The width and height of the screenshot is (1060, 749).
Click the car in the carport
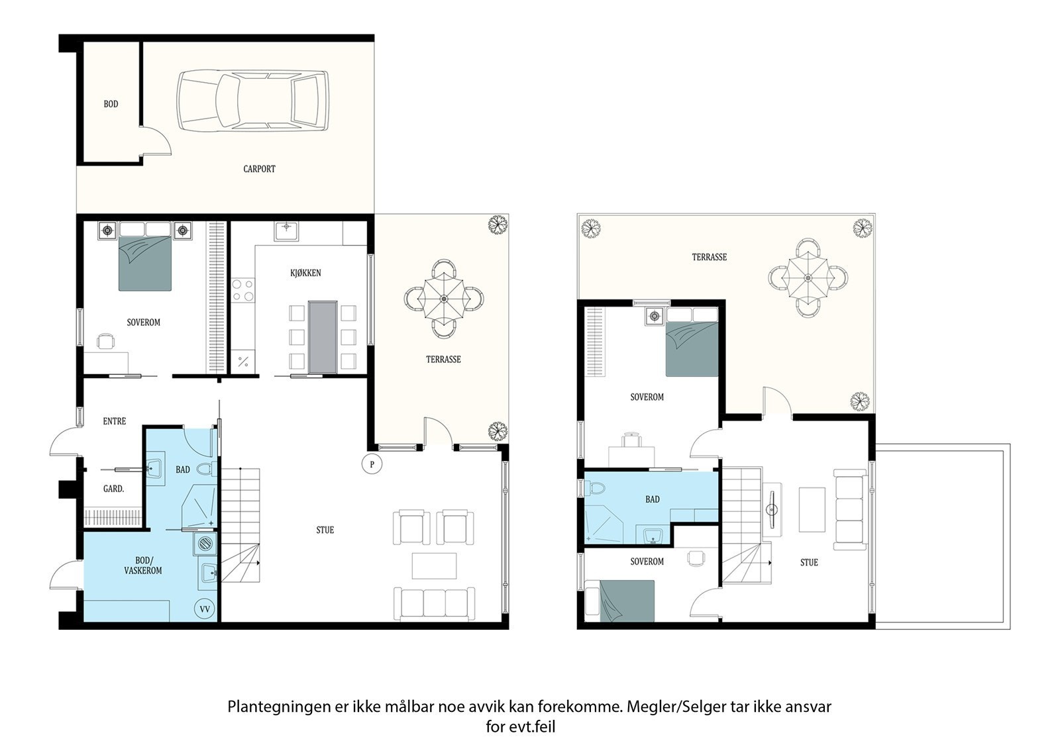(x=252, y=101)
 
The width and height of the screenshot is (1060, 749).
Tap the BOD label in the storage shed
(x=111, y=104)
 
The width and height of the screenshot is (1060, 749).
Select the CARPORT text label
(x=259, y=169)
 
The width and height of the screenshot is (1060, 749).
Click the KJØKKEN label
(x=305, y=273)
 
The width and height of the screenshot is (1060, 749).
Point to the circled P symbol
(x=372, y=464)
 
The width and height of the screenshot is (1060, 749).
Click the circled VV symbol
(x=205, y=609)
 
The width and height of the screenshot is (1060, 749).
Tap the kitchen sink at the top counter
(x=286, y=231)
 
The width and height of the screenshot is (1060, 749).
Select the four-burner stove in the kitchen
(x=242, y=290)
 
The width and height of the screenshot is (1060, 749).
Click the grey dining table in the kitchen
(x=323, y=336)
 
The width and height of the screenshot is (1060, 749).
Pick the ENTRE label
(x=115, y=421)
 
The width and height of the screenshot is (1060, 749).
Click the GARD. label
(x=113, y=489)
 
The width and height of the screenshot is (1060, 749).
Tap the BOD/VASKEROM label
(x=143, y=566)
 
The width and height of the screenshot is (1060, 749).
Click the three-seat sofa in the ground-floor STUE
(x=435, y=603)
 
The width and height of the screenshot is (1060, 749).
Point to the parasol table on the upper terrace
(x=808, y=277)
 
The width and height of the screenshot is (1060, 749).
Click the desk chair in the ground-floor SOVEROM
(x=106, y=340)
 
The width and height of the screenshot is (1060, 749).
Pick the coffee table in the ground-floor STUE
(x=434, y=566)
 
